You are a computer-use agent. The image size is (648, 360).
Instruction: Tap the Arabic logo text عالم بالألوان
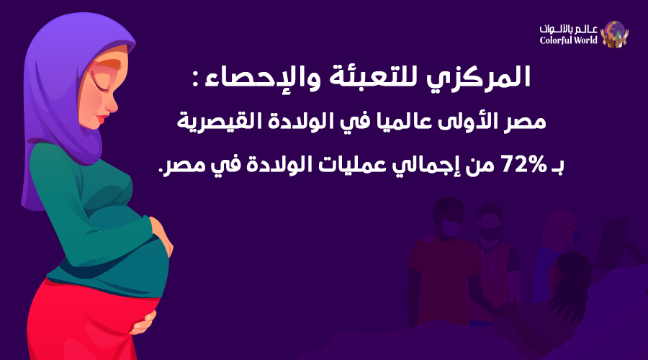[570, 28]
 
